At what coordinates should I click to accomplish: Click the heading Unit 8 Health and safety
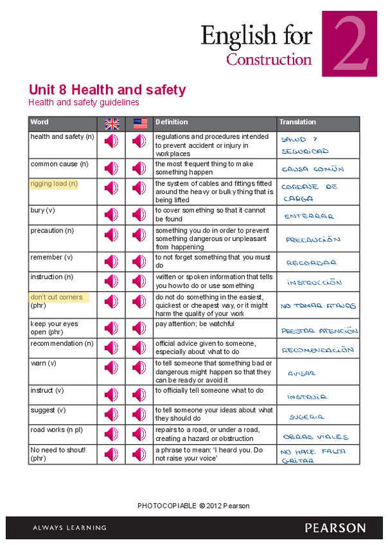[107, 90]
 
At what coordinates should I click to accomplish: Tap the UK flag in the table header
[112, 123]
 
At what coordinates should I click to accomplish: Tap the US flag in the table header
[140, 123]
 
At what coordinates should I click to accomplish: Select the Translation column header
[297, 122]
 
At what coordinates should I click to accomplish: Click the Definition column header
[172, 122]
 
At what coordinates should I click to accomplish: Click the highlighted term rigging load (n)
[54, 184]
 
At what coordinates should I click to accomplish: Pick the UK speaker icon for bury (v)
[112, 214]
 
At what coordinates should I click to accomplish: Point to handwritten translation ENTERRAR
[309, 216]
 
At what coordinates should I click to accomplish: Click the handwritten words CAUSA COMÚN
[313, 169]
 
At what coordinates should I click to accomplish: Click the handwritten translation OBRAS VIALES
[315, 436]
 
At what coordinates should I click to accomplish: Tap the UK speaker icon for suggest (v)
[112, 415]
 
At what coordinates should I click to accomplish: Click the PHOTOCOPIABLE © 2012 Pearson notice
[193, 506]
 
